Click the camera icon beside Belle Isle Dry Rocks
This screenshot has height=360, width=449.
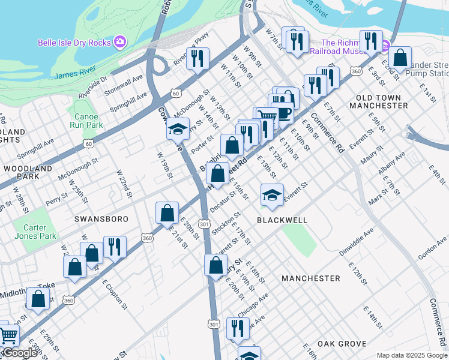(x=120, y=42)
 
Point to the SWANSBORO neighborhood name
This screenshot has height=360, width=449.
(x=101, y=219)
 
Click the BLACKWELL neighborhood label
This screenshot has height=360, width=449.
(x=282, y=220)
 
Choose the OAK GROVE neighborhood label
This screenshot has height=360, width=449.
(x=342, y=344)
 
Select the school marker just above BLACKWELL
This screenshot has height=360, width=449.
(x=272, y=196)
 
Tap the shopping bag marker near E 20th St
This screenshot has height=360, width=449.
(x=167, y=213)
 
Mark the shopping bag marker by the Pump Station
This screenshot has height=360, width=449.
(x=400, y=59)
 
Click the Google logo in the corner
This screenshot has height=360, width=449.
(x=20, y=353)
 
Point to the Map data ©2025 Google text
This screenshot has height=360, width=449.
(x=411, y=355)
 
